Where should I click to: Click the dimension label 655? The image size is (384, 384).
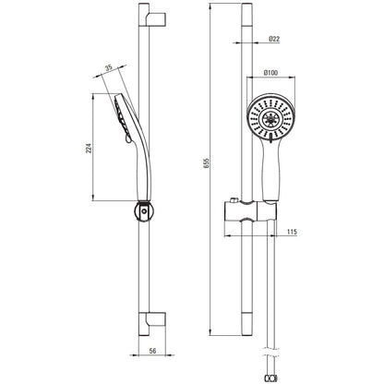click(207, 163)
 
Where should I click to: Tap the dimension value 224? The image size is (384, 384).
click(89, 148)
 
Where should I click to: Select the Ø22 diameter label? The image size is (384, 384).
click(274, 39)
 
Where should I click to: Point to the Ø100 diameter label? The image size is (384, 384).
click(270, 73)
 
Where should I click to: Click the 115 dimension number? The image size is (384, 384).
click(292, 232)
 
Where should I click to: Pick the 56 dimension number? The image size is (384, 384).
click(152, 351)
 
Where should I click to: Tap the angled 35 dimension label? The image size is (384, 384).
click(109, 67)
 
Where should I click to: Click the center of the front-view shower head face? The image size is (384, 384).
click(270, 118)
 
